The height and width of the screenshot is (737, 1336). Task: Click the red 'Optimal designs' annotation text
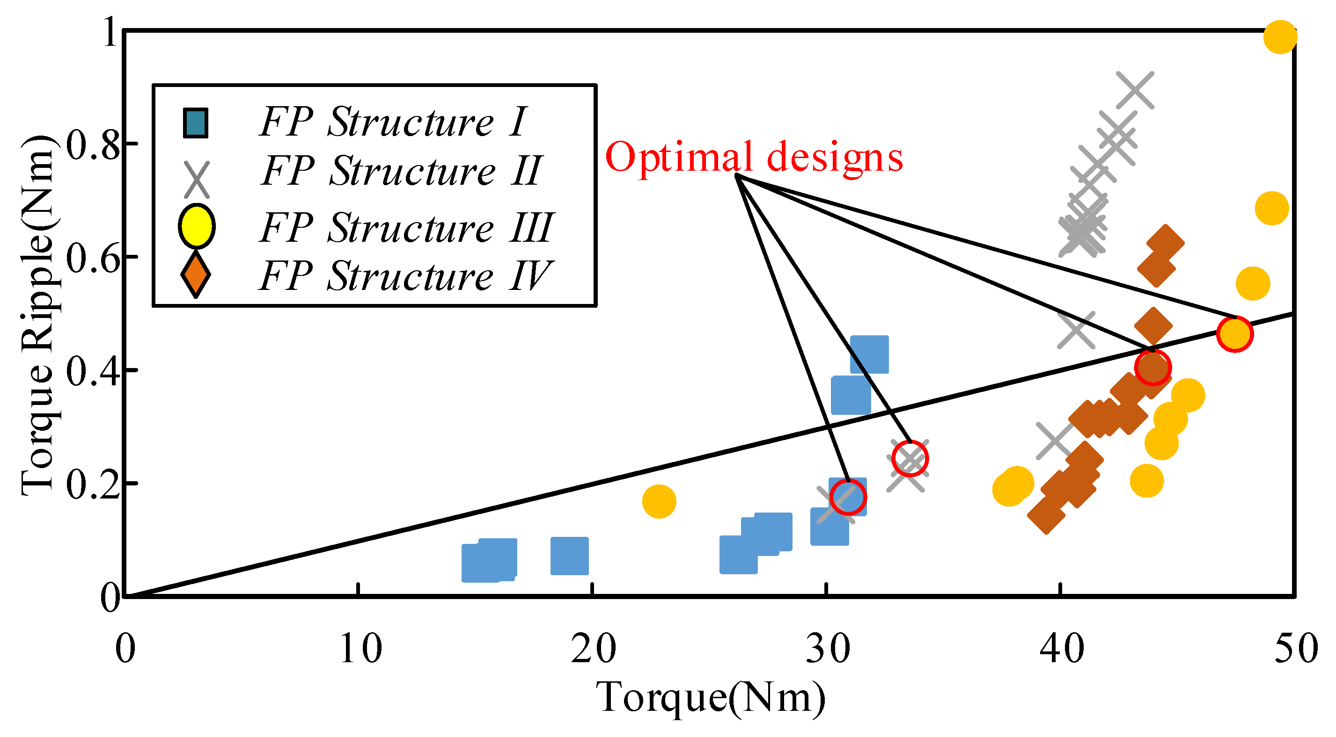[754, 157]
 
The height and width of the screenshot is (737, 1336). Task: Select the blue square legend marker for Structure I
[196, 123]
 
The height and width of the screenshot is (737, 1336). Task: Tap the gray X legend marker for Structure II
[197, 179]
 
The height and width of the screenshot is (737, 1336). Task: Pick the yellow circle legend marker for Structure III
[196, 226]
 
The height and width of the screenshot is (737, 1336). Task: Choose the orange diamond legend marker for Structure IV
[195, 275]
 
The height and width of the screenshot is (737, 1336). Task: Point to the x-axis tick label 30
[828, 649]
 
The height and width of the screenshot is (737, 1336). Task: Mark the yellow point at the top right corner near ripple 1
[1280, 37]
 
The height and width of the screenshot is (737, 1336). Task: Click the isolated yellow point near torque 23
[659, 501]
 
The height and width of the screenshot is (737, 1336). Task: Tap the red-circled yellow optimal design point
[1235, 334]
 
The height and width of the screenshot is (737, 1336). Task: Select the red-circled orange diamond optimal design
[1152, 368]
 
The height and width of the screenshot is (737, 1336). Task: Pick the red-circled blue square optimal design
[848, 497]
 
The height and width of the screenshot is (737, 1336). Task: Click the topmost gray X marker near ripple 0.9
[1135, 90]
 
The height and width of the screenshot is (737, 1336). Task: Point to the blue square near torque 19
[569, 556]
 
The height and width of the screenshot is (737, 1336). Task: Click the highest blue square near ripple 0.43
[870, 354]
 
